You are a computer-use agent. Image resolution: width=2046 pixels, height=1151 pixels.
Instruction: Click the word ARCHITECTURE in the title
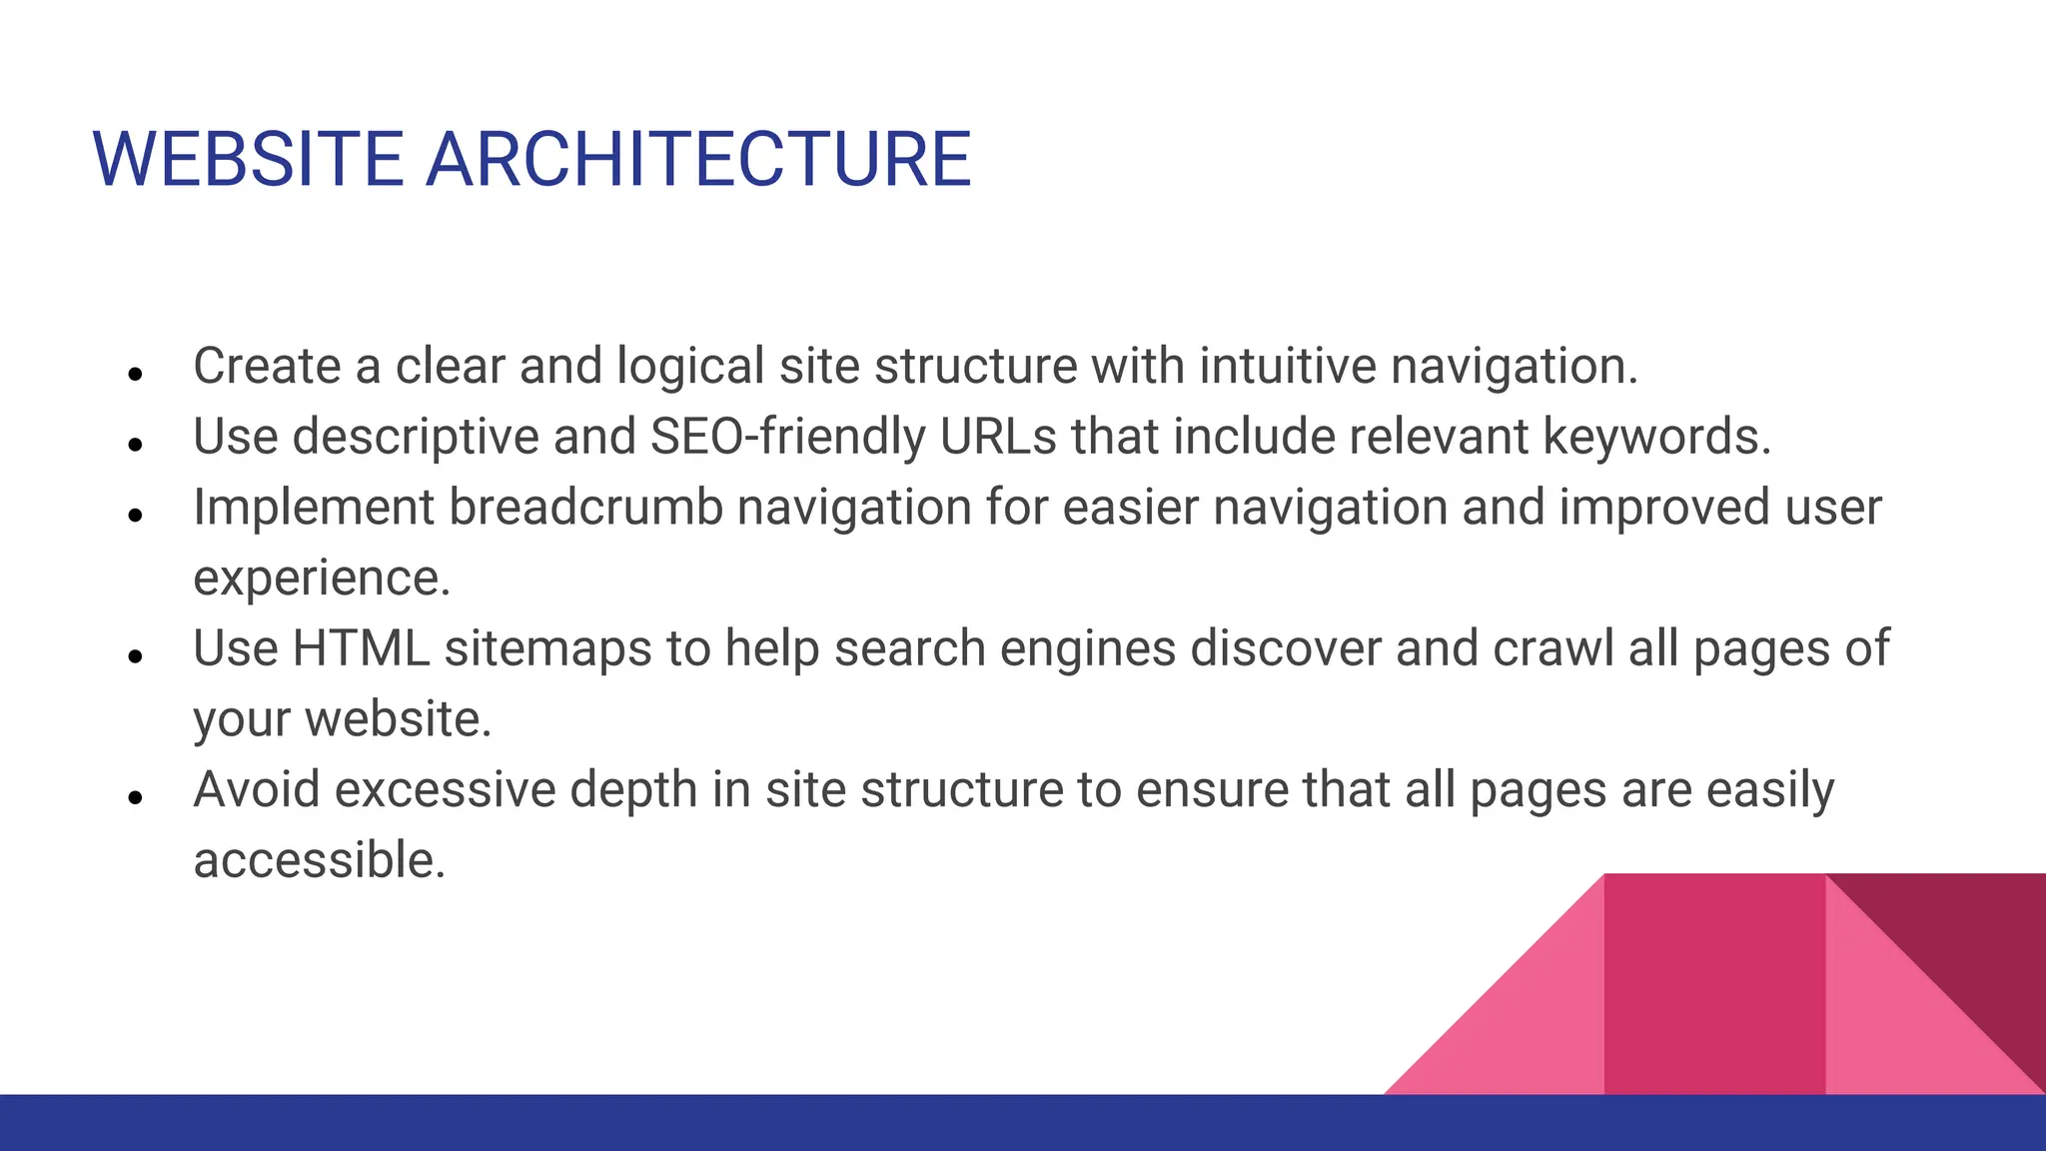click(698, 159)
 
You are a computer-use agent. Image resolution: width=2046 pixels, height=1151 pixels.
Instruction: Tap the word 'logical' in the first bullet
click(690, 366)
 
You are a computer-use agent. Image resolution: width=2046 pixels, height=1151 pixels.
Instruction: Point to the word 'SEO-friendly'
click(788, 437)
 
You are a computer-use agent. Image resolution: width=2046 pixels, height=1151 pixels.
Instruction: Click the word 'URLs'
click(997, 437)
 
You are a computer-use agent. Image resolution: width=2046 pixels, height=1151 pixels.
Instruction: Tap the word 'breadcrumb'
click(585, 507)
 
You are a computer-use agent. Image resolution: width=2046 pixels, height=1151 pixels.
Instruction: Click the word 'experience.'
click(322, 577)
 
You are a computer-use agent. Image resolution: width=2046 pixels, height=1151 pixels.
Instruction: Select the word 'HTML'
click(361, 648)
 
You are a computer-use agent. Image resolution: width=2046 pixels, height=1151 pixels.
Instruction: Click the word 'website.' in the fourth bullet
click(399, 719)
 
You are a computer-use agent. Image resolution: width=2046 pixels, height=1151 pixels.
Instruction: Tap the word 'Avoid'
click(257, 789)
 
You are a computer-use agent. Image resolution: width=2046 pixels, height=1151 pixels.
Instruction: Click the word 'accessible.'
click(319, 860)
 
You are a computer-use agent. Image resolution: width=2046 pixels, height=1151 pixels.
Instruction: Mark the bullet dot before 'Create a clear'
click(137, 374)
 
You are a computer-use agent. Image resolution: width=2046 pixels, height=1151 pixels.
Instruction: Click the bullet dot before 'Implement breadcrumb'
click(137, 515)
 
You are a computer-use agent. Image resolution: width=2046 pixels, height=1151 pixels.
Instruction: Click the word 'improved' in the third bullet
click(1650, 507)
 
